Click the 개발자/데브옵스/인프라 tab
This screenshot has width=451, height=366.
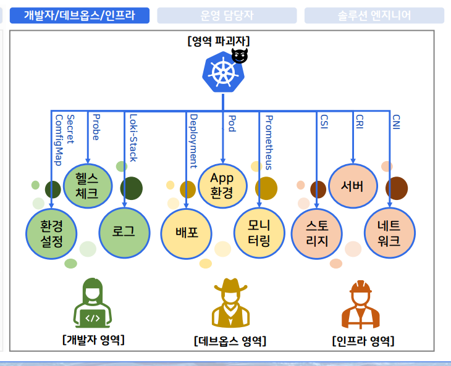pyautogui.click(x=80, y=15)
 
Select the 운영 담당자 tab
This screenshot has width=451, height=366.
pyautogui.click(x=227, y=15)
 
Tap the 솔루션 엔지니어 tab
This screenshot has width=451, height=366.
pyautogui.click(x=374, y=15)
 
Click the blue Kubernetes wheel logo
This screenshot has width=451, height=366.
pyautogui.click(x=222, y=73)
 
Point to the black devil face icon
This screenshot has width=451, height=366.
pyautogui.click(x=240, y=56)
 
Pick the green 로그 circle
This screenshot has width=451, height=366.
pyautogui.click(x=124, y=232)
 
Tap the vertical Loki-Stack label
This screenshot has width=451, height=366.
pyautogui.click(x=132, y=138)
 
